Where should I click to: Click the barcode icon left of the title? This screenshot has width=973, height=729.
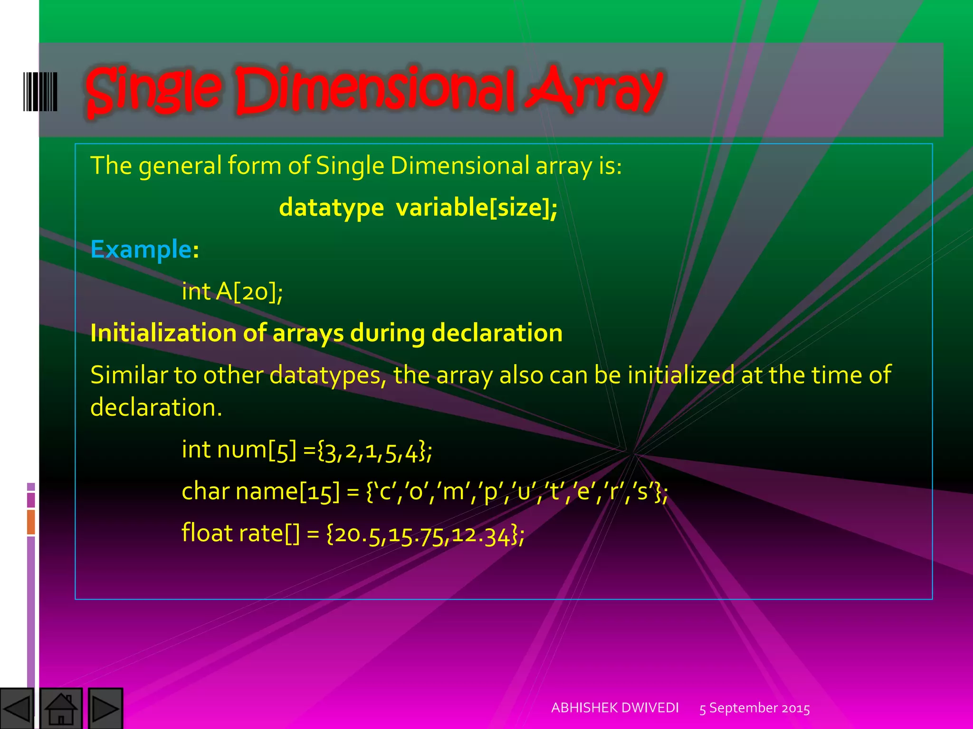pyautogui.click(x=40, y=92)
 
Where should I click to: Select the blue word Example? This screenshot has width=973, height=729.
pyautogui.click(x=141, y=249)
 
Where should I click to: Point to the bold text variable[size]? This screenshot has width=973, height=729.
pyautogui.click(x=477, y=208)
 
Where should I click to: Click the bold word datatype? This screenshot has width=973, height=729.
pyautogui.click(x=331, y=208)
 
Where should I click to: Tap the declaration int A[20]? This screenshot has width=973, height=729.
pyautogui.click(x=232, y=291)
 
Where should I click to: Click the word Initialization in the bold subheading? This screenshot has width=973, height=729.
pyautogui.click(x=163, y=333)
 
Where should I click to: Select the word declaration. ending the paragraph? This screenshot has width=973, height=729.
pyautogui.click(x=156, y=407)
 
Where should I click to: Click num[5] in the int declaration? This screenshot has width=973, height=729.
pyautogui.click(x=257, y=450)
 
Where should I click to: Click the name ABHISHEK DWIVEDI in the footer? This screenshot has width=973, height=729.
pyautogui.click(x=615, y=708)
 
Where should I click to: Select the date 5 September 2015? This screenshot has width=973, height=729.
pyautogui.click(x=754, y=708)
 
